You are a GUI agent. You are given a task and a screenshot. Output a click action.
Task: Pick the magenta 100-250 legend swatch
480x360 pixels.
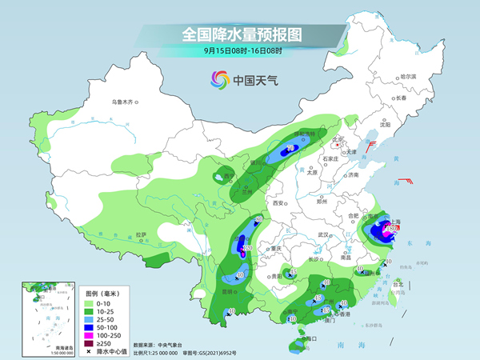point(90,334)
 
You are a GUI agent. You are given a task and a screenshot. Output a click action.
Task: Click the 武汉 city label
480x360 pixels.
point(323,234)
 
